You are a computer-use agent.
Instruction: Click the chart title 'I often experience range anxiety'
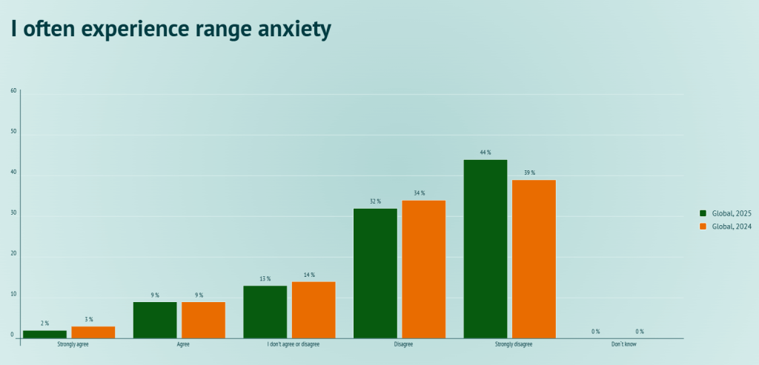[170, 29]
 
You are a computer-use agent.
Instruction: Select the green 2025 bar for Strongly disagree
[485, 249]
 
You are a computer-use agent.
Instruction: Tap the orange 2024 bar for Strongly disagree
[534, 259]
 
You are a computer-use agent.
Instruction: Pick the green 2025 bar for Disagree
[375, 273]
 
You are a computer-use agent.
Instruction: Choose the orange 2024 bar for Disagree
[423, 269]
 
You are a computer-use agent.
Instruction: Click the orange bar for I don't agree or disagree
[314, 310]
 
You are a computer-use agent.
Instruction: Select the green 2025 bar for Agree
[155, 320]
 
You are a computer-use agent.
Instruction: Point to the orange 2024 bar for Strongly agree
[93, 332]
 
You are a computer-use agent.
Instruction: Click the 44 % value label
[485, 153]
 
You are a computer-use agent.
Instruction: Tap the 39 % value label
[528, 173]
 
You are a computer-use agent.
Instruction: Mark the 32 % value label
[375, 201]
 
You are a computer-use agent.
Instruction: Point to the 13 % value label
[265, 279]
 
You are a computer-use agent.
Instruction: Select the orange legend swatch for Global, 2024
[703, 227]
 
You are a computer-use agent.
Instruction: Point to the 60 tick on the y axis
[13, 91]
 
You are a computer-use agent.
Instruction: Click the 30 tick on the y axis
[13, 213]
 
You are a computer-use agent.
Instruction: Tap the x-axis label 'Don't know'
[623, 345]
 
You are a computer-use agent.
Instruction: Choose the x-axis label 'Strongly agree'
[73, 345]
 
